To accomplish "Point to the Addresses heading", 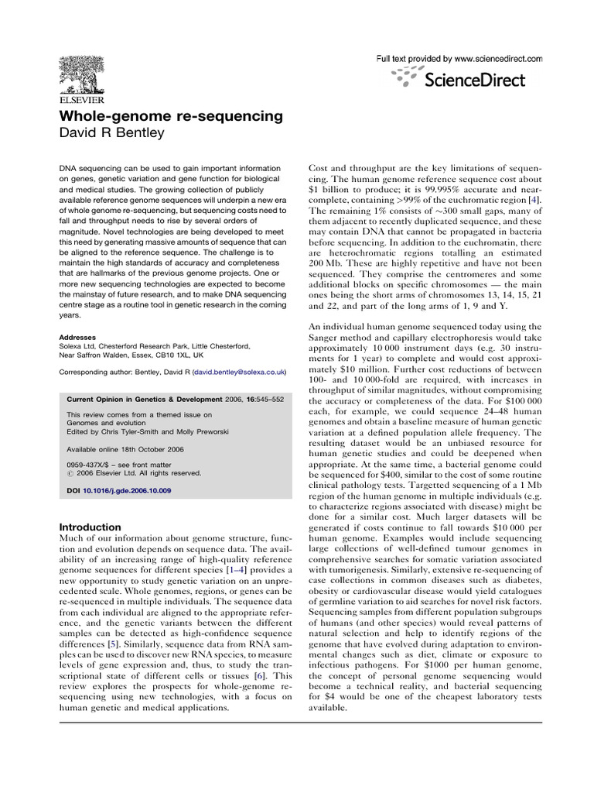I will [78, 338].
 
